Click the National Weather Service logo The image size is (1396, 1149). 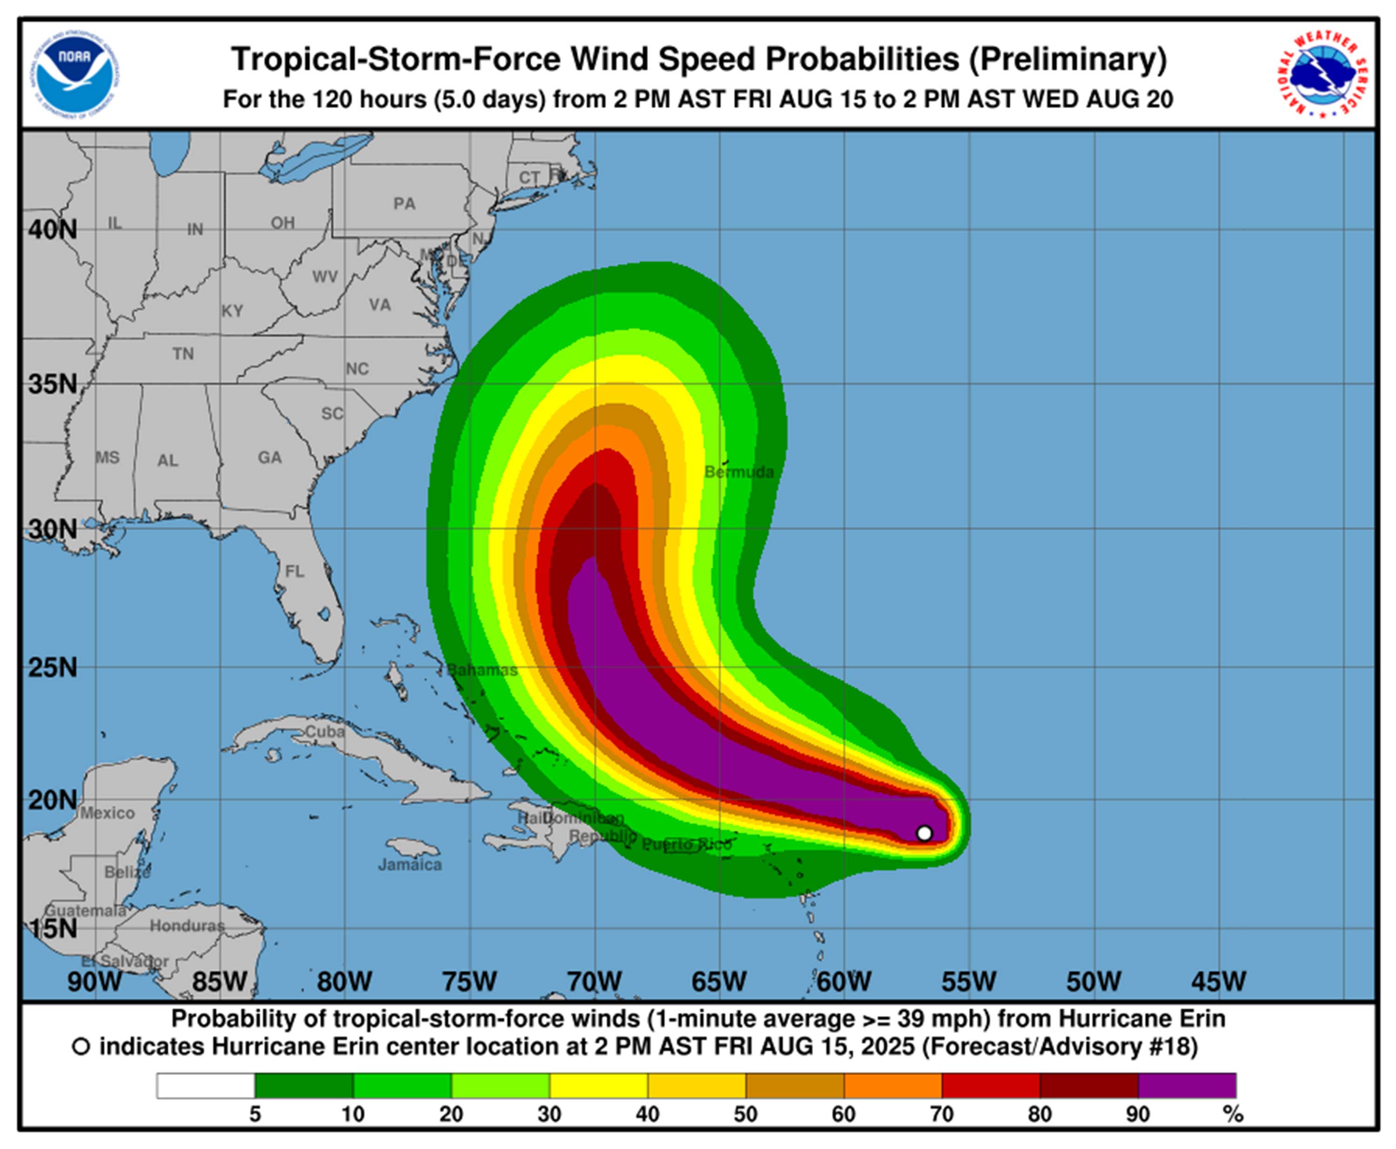click(x=1323, y=74)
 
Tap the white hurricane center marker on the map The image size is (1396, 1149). click(x=924, y=832)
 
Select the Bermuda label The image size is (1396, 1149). click(x=738, y=472)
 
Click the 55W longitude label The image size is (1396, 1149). click(x=969, y=981)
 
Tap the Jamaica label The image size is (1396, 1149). click(x=409, y=865)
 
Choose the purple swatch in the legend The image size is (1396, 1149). click(x=1187, y=1086)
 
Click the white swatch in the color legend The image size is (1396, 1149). click(x=206, y=1086)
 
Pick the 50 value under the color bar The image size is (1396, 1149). click(x=745, y=1115)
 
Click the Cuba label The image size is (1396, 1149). click(x=324, y=731)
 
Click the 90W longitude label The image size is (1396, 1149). click(x=94, y=981)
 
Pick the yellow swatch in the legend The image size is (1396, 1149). click(x=599, y=1086)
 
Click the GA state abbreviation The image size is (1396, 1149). click(x=269, y=457)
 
